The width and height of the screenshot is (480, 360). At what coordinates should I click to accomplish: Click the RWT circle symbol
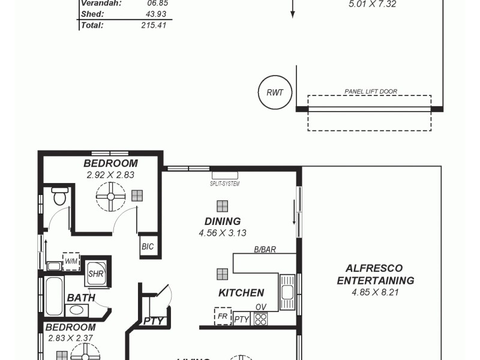[274, 92]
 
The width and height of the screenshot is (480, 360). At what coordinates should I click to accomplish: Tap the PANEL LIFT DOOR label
[371, 92]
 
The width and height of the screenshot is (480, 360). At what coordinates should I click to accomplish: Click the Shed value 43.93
[155, 14]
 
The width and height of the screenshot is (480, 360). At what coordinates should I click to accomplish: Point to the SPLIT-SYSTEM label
[224, 184]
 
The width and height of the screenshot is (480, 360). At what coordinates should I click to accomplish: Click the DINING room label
[222, 221]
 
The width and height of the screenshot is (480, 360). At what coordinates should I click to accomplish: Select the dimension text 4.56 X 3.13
[223, 233]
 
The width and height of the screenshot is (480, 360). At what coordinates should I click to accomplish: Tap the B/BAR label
[264, 250]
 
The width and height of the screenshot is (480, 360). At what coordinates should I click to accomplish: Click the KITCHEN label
[241, 293]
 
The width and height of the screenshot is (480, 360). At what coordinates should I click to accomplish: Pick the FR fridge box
[223, 316]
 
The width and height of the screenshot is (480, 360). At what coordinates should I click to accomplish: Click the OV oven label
[260, 307]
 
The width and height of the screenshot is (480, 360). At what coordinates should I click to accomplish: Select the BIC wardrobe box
[148, 246]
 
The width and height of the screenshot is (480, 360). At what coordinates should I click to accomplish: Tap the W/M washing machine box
[71, 261]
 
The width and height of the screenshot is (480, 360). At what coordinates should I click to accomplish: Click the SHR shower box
[96, 273]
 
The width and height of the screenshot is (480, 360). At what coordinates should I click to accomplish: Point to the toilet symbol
[60, 196]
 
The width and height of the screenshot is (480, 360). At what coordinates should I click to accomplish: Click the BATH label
[80, 298]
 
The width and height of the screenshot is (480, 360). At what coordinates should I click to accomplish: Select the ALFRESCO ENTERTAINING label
[375, 274]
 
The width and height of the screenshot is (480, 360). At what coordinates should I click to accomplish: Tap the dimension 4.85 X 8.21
[376, 293]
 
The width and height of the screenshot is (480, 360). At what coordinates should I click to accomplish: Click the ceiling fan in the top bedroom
[111, 196]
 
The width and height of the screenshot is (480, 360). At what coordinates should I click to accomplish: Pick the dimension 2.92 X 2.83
[110, 175]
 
